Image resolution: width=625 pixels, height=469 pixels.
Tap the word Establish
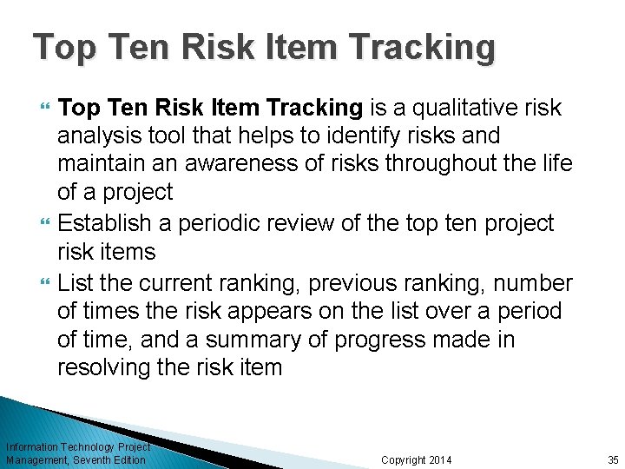coord(107,223)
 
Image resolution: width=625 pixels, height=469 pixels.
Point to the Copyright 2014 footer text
coord(417,459)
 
